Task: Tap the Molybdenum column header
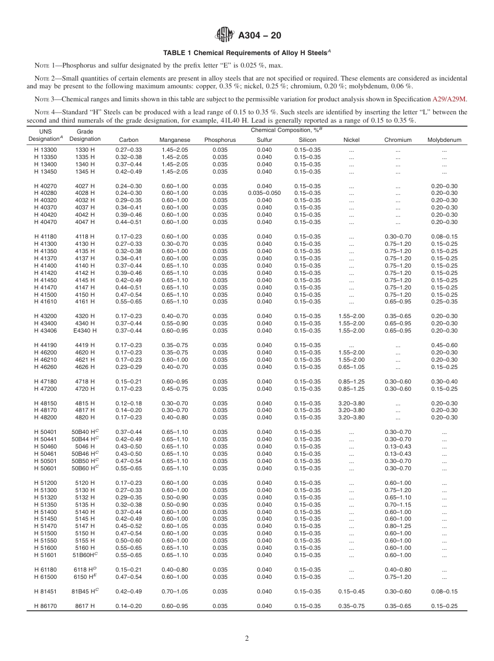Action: [444, 140]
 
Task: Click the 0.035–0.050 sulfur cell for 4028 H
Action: [264, 193]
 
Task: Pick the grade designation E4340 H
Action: [85, 331]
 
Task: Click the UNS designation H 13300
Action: [45, 150]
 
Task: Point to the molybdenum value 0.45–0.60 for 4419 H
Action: [444, 346]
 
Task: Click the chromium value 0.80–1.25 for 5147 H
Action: [398, 526]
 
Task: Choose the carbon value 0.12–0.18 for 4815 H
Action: [128, 403]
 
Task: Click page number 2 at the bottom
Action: [247, 639]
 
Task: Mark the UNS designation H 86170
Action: [45, 606]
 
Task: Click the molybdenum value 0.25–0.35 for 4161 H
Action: [444, 302]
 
